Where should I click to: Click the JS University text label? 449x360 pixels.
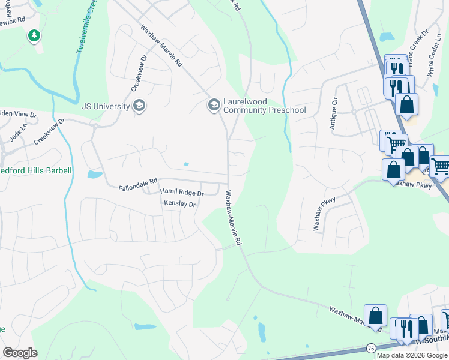click(x=106, y=106)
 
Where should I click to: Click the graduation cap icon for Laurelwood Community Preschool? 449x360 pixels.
click(x=213, y=106)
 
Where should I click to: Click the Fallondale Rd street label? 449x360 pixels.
click(x=137, y=180)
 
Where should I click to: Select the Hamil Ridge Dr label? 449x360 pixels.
click(x=182, y=193)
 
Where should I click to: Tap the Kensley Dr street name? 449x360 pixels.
click(x=180, y=204)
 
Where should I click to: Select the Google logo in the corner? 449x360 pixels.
click(x=20, y=352)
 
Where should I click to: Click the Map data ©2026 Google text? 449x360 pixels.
click(x=412, y=355)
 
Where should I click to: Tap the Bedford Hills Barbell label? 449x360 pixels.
click(x=36, y=170)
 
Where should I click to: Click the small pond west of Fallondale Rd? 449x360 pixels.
click(x=94, y=175)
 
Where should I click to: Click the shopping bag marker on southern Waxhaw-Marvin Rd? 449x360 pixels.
click(x=376, y=316)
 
